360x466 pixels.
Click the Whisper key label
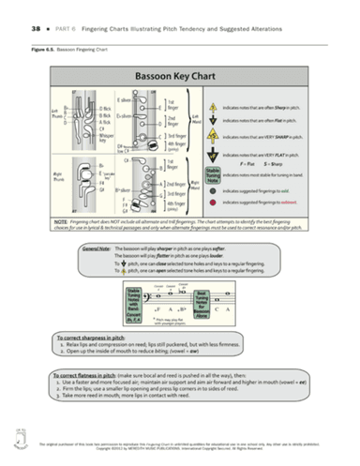pyautogui.click(x=80, y=130)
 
